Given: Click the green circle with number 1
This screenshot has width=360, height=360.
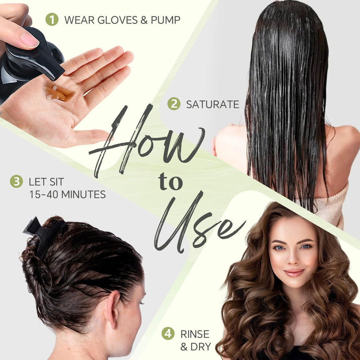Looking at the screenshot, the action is [52, 19].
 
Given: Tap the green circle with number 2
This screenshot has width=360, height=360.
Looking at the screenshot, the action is [174, 104].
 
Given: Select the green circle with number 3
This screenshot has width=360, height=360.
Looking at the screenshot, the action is [17, 181].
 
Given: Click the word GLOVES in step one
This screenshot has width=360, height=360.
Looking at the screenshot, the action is [117, 20].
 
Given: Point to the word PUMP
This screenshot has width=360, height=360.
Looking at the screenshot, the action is [166, 20].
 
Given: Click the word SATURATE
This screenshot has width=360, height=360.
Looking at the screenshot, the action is [213, 104].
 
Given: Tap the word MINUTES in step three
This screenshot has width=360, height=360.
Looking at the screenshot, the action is [84, 194].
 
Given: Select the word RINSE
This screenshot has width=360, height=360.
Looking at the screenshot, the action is [195, 334].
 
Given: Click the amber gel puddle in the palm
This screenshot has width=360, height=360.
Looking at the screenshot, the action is [59, 92].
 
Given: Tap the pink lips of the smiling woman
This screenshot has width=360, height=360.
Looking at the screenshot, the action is [294, 272].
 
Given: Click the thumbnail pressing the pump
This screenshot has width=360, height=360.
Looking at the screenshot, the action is [30, 40].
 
